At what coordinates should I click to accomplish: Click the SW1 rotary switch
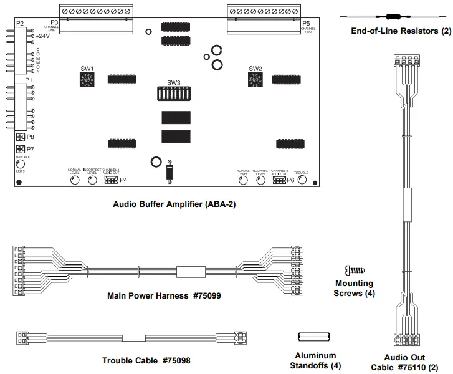coord(87,79)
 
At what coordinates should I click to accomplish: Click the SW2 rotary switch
coord(255,79)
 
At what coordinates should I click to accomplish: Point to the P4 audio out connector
coord(110,180)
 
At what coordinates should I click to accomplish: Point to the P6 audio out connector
coord(279,180)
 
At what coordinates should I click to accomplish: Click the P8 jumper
coord(20,137)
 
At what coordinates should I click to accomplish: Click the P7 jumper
coord(20,150)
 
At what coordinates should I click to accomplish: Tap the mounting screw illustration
coord(353,270)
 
